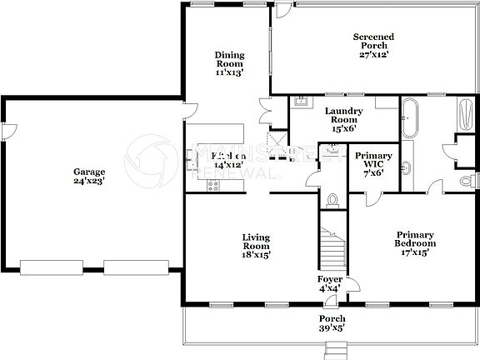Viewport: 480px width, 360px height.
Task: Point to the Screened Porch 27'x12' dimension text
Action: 373,55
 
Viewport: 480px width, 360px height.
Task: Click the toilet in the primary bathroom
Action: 467,180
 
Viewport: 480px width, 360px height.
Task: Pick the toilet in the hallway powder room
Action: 333,199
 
